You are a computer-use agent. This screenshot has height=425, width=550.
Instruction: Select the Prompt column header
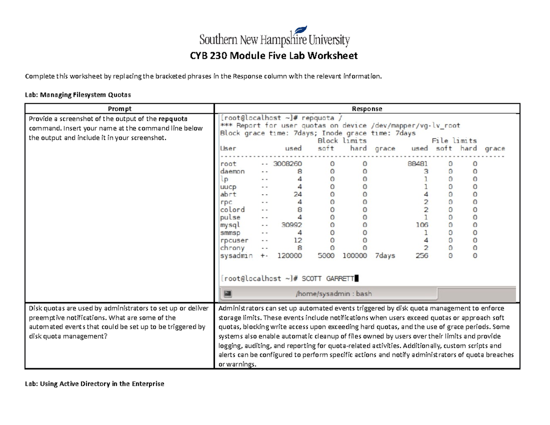pyautogui.click(x=119, y=109)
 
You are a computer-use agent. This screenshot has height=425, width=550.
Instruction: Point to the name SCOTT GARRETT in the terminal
pyautogui.click(x=328, y=278)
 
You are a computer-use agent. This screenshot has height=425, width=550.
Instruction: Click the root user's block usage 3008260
pyautogui.click(x=287, y=164)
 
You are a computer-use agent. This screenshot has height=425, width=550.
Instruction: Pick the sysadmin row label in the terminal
pyautogui.click(x=236, y=256)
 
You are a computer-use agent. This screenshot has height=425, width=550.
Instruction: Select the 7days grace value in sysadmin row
pyautogui.click(x=385, y=256)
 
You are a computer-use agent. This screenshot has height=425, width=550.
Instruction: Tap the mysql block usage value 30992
pyautogui.click(x=291, y=225)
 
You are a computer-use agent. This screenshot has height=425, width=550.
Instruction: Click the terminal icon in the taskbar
pyautogui.click(x=228, y=293)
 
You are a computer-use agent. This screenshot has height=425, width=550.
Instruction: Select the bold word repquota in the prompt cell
pyautogui.click(x=170, y=118)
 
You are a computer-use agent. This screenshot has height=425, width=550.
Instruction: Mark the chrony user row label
pyautogui.click(x=232, y=248)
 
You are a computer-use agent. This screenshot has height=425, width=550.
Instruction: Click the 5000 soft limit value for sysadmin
pyautogui.click(x=326, y=256)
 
